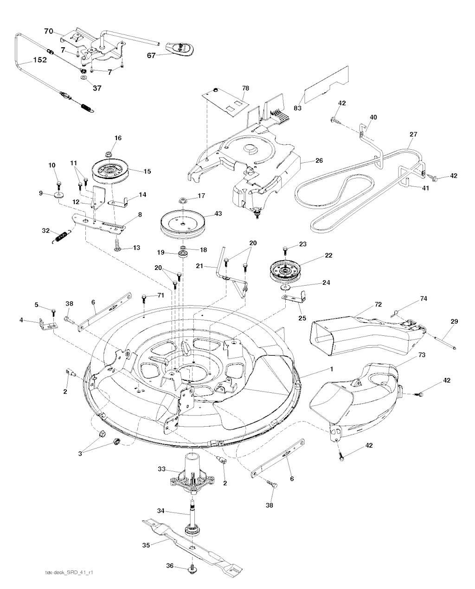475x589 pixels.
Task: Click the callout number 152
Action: tap(39, 60)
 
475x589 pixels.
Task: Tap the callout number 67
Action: tap(151, 55)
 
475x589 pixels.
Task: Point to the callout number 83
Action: tap(297, 108)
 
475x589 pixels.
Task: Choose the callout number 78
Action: tap(245, 88)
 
